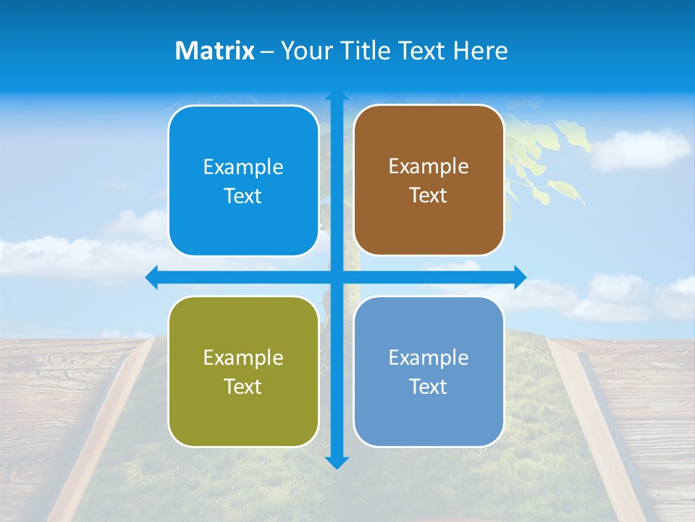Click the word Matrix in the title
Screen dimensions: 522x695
(214, 51)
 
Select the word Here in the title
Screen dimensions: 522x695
(481, 51)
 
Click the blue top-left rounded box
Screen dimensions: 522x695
(243, 181)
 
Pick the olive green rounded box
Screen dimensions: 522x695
(243, 371)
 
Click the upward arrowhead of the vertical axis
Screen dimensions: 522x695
(337, 97)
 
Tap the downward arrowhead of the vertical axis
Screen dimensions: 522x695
(337, 463)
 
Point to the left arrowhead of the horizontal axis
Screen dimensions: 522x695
(151, 277)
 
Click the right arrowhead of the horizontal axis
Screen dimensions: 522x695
(520, 277)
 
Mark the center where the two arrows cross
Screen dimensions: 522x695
(337, 277)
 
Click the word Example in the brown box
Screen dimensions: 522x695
(429, 167)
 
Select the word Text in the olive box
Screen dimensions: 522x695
(243, 386)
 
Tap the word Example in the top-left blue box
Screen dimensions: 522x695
(243, 167)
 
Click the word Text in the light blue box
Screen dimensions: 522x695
(428, 386)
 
